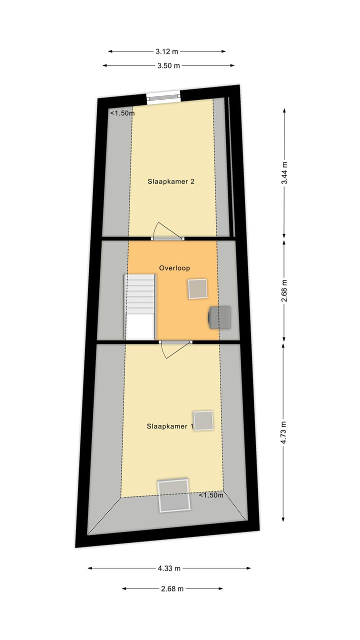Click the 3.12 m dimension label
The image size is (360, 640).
pos(167,51)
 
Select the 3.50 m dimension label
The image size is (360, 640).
pos(168,65)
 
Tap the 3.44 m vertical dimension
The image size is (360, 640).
pos(284,173)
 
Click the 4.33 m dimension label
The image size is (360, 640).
pos(168,568)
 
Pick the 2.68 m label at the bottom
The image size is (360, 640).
pos(172,588)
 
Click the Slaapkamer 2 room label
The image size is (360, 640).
pos(170,181)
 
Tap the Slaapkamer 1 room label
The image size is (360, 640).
pos(170,426)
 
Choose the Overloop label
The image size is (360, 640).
pos(174,268)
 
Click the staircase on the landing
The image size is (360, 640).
pos(140,306)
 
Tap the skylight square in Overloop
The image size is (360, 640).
pos(197,288)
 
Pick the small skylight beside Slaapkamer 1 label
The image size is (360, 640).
pos(203,420)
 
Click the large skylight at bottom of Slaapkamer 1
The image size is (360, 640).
pos(174,495)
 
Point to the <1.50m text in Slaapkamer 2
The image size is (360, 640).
pos(122,113)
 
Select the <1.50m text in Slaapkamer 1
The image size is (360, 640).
pos(211,495)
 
